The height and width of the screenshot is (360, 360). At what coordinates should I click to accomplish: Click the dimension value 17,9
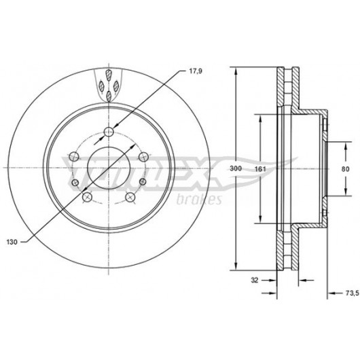pyautogui.click(x=196, y=71)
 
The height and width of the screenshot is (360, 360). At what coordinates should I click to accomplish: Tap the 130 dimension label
pyautogui.click(x=12, y=242)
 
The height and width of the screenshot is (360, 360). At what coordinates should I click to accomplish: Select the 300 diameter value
pyautogui.click(x=236, y=168)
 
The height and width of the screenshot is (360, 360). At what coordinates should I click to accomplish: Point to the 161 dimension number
pyautogui.click(x=260, y=169)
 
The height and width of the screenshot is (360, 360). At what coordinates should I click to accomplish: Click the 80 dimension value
pyautogui.click(x=345, y=169)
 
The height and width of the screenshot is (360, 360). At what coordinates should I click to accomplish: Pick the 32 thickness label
pyautogui.click(x=255, y=280)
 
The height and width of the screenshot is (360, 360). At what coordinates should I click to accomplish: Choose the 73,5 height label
pyautogui.click(x=352, y=293)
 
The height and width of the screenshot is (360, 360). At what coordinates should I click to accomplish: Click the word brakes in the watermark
pyautogui.click(x=199, y=200)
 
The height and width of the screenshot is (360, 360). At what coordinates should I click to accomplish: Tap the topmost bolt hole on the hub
pyautogui.click(x=109, y=132)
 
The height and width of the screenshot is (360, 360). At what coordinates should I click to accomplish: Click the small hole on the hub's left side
pyautogui.click(x=75, y=183)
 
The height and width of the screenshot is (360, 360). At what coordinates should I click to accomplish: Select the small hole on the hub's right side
pyautogui.click(x=143, y=181)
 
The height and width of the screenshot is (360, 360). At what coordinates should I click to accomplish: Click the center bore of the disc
pyautogui.click(x=109, y=168)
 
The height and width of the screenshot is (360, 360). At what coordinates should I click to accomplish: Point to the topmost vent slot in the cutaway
pyautogui.click(x=109, y=75)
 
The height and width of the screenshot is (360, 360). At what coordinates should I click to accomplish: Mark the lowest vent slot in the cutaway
pyautogui.click(x=109, y=96)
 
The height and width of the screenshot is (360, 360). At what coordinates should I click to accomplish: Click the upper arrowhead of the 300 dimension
pyautogui.click(x=236, y=71)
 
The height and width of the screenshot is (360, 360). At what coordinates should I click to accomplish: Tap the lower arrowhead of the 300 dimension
pyautogui.click(x=236, y=266)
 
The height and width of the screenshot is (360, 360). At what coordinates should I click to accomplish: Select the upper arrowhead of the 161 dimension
pyautogui.click(x=260, y=119)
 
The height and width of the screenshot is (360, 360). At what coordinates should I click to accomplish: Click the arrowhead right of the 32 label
pyautogui.click(x=272, y=280)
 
